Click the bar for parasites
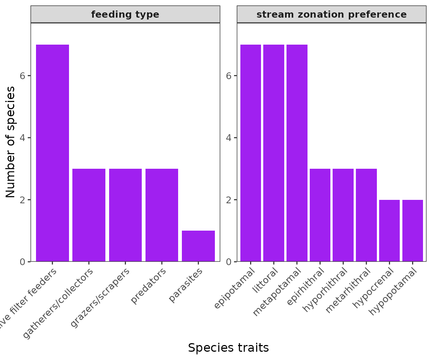(x=198, y=246)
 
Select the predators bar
(x=162, y=215)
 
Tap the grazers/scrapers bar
(x=125, y=215)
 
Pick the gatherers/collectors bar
(x=89, y=215)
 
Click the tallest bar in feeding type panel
(x=52, y=153)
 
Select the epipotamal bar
(x=250, y=153)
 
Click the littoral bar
(x=274, y=153)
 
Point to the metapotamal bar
(x=297, y=153)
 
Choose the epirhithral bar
(x=320, y=215)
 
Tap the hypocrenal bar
(x=389, y=231)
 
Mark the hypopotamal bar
(x=412, y=231)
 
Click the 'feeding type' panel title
(x=125, y=15)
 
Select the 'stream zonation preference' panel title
(x=331, y=15)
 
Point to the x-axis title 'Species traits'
(x=228, y=348)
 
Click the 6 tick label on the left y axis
(x=23, y=75)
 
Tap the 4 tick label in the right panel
(x=229, y=138)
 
